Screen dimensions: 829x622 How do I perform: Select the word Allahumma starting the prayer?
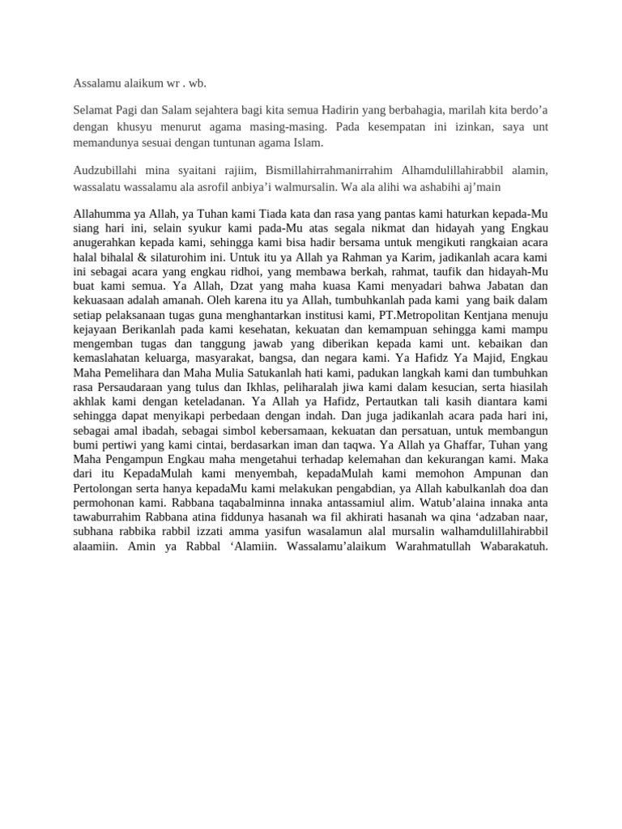point(100,214)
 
